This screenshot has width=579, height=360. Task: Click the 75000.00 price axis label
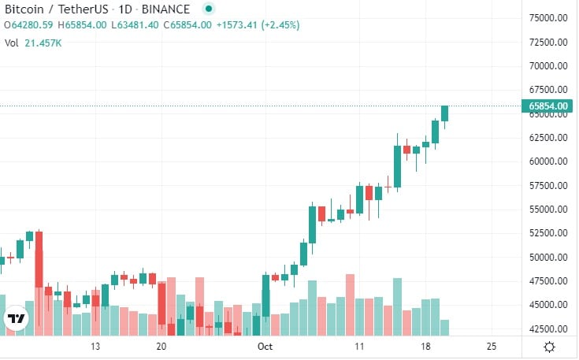pyautogui.click(x=548, y=17)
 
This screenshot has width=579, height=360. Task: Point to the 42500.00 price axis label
pyautogui.click(x=548, y=329)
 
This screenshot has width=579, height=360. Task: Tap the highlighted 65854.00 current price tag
pyautogui.click(x=548, y=106)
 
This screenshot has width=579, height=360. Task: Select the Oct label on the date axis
pyautogui.click(x=265, y=347)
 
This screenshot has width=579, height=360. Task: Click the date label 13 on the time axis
pyautogui.click(x=96, y=347)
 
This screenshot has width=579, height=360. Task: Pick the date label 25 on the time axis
pyautogui.click(x=492, y=347)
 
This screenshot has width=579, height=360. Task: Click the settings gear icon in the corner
pyautogui.click(x=549, y=347)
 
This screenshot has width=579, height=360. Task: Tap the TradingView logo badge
pyautogui.click(x=17, y=319)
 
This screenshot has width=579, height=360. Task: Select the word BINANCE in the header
pyautogui.click(x=166, y=9)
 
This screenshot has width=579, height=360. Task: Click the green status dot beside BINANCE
pyautogui.click(x=208, y=9)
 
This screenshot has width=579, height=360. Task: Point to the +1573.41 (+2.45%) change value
pyautogui.click(x=260, y=25)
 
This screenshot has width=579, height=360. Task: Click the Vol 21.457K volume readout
pyautogui.click(x=33, y=43)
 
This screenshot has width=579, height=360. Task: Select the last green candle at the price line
pyautogui.click(x=444, y=113)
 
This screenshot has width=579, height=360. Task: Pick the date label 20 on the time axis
pyautogui.click(x=161, y=347)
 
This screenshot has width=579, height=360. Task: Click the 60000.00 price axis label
pyautogui.click(x=548, y=161)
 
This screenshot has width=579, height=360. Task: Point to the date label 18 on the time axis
pyautogui.click(x=425, y=347)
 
